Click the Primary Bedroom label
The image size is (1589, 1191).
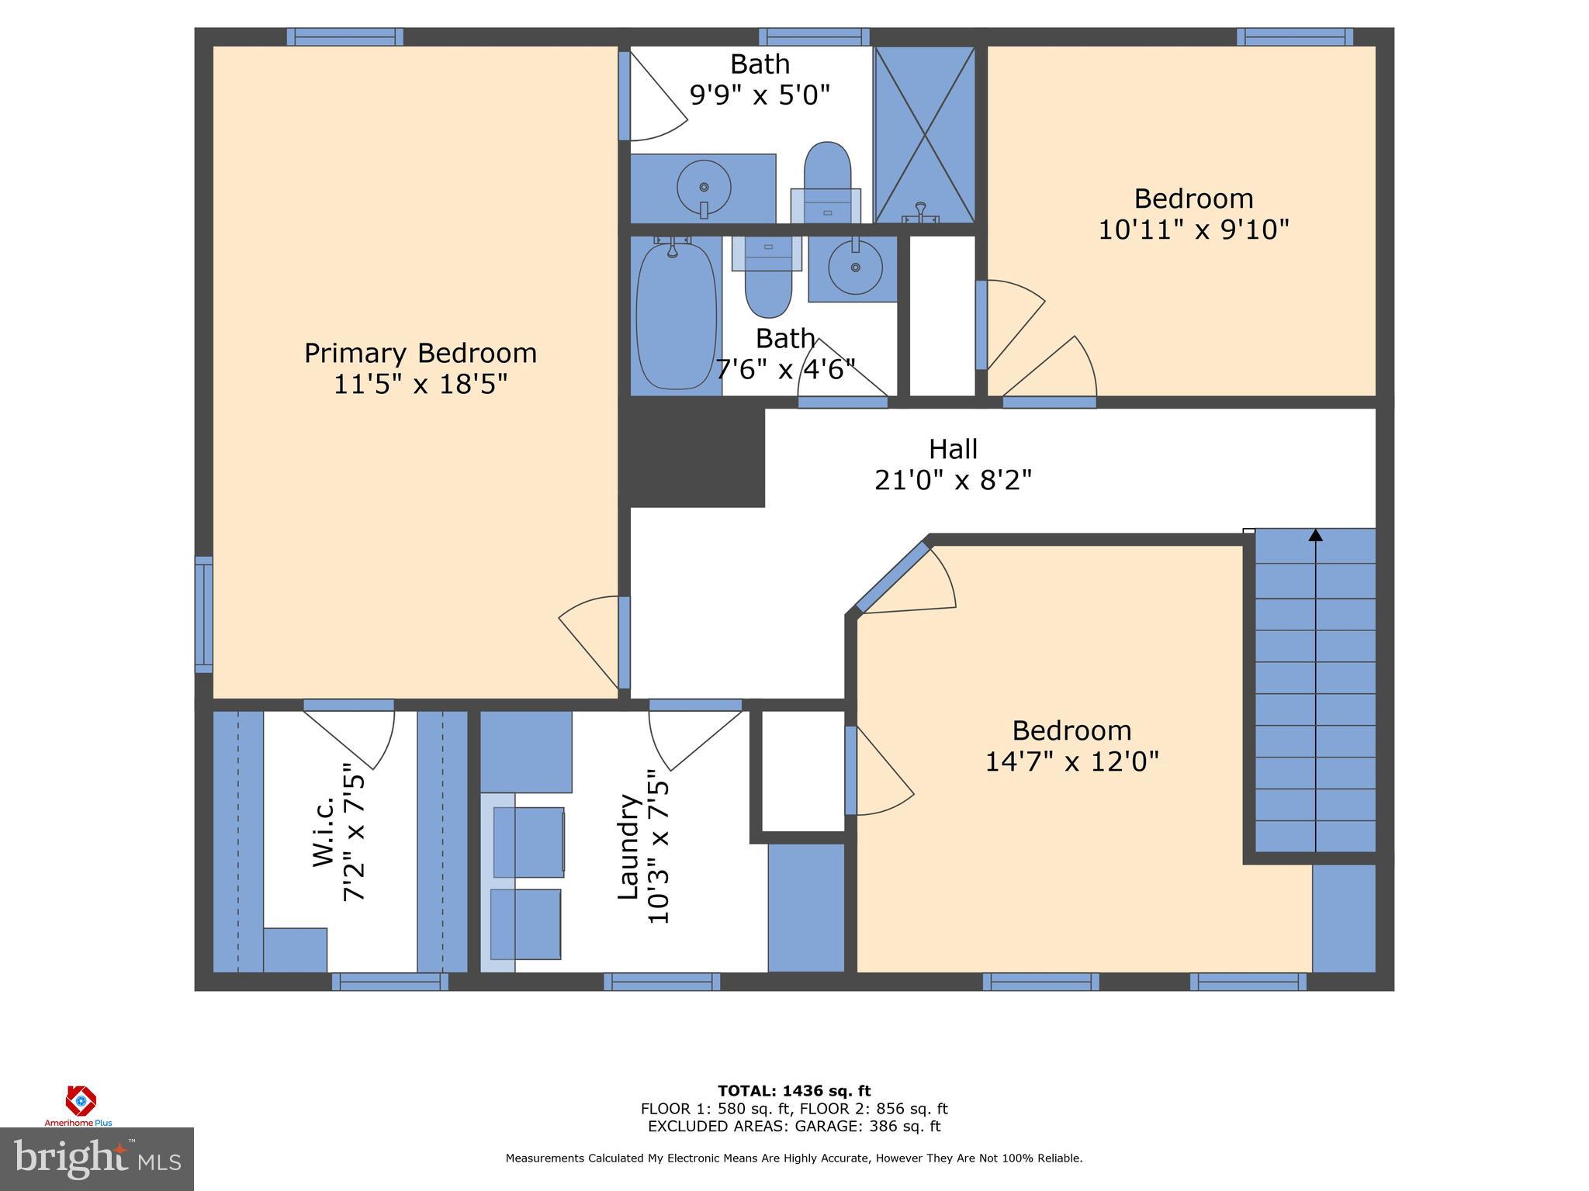coord(420,354)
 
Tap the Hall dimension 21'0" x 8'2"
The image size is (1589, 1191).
coord(953,481)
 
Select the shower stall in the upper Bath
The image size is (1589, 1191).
coord(924,134)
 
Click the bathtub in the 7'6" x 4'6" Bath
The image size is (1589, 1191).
coord(676,316)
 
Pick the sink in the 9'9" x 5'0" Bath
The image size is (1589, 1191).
coord(704,188)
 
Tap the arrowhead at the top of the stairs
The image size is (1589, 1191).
coord(1315,535)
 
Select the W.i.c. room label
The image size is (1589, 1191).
coord(324,830)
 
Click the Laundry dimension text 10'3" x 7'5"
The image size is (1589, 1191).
coord(657,847)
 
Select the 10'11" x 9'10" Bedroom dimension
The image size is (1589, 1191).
coord(1193,230)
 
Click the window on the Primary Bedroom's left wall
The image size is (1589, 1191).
coord(203,614)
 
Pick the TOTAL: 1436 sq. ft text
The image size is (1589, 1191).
coord(794,1091)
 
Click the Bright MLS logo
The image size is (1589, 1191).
coord(97,1158)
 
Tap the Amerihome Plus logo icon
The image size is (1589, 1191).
coord(80,1101)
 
